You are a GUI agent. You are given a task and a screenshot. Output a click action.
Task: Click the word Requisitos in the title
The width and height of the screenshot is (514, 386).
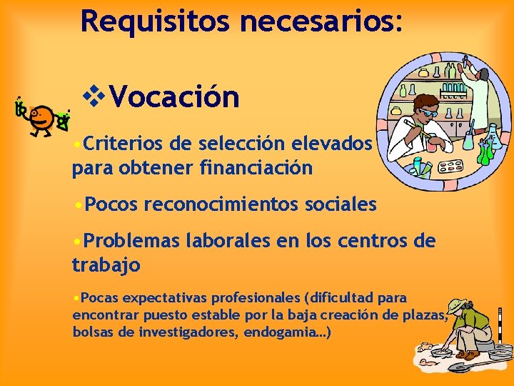pos(155,21)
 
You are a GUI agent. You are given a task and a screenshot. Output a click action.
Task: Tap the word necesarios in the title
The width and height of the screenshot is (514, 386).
pos(321,21)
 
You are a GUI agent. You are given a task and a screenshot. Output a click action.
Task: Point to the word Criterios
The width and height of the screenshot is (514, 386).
pos(124,145)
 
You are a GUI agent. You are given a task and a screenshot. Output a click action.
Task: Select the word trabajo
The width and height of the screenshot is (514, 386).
pos(106,265)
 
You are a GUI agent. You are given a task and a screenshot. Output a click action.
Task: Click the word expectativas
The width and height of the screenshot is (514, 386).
pos(165,297)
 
